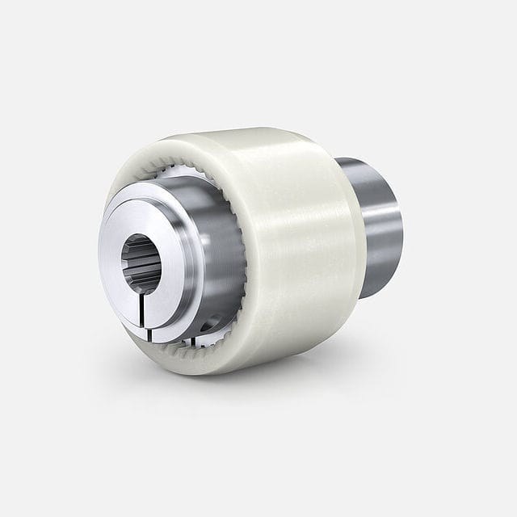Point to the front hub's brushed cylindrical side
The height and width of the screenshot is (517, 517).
pos(214,258)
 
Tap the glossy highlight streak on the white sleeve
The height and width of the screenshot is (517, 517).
pos(307,234)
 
